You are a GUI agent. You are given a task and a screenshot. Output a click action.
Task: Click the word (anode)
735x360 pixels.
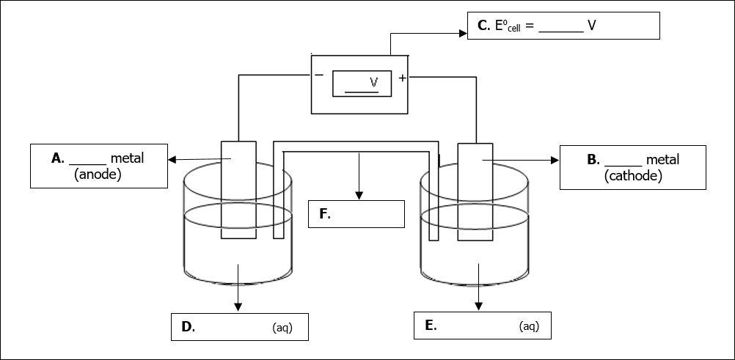click(x=98, y=175)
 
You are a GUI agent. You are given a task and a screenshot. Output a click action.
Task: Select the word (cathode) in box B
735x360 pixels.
click(x=632, y=176)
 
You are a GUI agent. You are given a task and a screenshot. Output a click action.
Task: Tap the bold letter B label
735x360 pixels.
click(x=593, y=159)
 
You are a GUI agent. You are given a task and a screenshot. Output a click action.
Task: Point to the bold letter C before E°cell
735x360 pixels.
click(x=483, y=26)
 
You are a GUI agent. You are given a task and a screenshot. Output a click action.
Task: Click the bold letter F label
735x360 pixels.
click(x=324, y=214)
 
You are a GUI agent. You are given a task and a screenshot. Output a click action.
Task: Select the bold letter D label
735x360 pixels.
click(x=187, y=327)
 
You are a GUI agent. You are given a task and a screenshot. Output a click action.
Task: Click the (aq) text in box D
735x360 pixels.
click(x=282, y=328)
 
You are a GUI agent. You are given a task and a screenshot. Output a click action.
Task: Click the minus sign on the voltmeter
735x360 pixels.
click(x=319, y=76)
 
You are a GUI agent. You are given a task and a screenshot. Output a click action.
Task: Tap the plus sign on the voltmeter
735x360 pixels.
click(x=402, y=78)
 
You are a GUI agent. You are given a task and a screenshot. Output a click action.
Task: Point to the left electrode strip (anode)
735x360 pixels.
click(x=238, y=189)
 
